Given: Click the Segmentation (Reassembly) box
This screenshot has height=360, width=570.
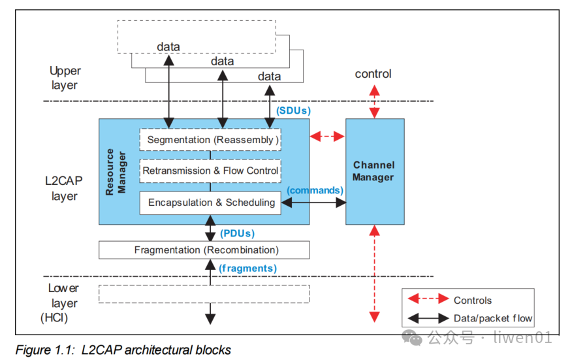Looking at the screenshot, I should click(x=210, y=140).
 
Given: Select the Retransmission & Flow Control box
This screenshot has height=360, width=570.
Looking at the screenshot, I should click(x=210, y=171).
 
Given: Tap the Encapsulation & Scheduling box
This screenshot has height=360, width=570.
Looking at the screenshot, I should click(x=210, y=203).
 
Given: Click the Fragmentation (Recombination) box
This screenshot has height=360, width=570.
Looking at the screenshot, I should click(x=204, y=250).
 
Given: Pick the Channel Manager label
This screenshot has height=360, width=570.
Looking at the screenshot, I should click(x=373, y=171).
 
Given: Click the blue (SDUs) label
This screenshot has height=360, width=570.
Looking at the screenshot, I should click(x=293, y=110).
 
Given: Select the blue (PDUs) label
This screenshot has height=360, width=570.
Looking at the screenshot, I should click(x=238, y=233).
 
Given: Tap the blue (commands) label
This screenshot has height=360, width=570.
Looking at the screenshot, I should click(x=315, y=190).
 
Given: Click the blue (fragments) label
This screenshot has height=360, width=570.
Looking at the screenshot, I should click(x=247, y=268).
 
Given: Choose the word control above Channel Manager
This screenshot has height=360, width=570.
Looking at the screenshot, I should click(x=373, y=74).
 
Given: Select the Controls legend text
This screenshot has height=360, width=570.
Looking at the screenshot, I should click(x=473, y=300).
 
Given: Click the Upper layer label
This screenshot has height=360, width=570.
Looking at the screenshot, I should click(x=64, y=78).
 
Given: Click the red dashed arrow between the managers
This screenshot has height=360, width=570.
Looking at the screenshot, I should click(x=327, y=137).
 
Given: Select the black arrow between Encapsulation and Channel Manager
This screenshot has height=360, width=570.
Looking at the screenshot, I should click(x=313, y=203).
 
